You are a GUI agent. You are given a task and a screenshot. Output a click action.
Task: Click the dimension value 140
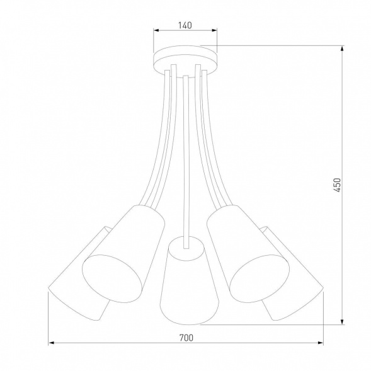tap(185, 26)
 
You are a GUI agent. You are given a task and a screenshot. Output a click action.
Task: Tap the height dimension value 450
tap(337, 184)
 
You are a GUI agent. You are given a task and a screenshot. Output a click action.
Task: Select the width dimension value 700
tap(185, 338)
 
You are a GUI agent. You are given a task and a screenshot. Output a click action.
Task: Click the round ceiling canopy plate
tap(185, 57)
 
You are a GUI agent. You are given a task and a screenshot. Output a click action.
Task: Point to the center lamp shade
tap(184, 280)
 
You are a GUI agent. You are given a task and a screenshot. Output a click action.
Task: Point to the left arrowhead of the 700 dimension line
tap(52, 343)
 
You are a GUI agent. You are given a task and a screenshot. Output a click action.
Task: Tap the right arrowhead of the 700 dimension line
tap(320, 343)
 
